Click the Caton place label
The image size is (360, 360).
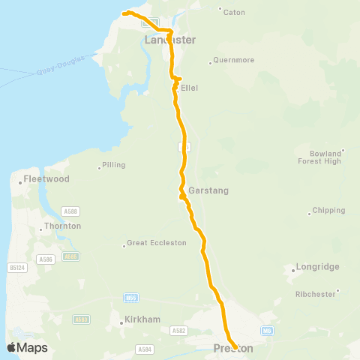234,13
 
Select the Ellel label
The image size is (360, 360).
189,88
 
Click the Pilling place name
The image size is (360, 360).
114,165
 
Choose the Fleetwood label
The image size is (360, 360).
46,179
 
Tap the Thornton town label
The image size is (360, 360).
63,226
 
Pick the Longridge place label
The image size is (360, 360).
318,267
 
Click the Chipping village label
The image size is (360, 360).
328,211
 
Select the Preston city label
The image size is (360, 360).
233,348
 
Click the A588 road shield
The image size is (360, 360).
70,212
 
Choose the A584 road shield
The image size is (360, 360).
145,349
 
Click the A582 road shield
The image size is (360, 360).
178,330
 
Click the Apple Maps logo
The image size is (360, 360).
27,347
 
